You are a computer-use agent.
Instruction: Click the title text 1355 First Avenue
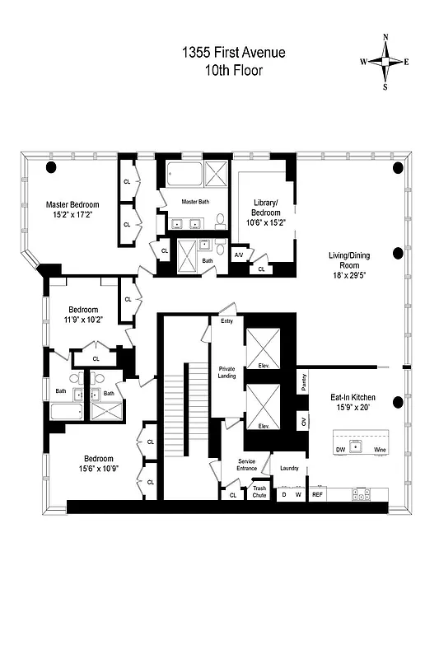coord(233,53)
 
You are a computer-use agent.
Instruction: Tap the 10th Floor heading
coord(233,70)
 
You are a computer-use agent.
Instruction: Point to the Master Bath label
coord(196,201)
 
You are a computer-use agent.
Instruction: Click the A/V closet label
coord(239,255)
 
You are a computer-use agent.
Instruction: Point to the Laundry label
coord(288,468)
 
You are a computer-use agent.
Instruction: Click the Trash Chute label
coord(259,492)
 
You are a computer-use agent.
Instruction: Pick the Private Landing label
coord(227,372)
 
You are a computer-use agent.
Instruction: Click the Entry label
coord(227,321)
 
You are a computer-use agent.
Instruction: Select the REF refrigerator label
coord(317,495)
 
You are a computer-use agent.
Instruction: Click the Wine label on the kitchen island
coord(379,450)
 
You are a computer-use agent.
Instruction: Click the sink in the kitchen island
coord(357,446)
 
